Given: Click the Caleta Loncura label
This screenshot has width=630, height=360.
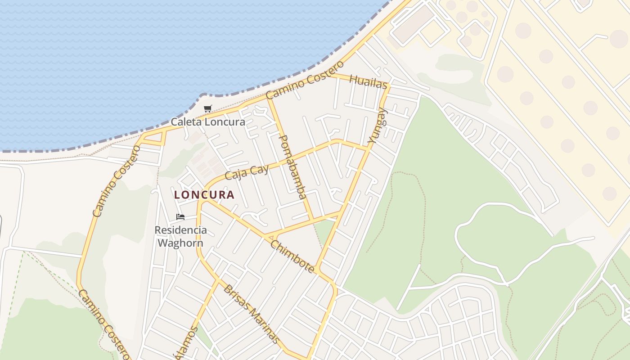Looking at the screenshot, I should click(208, 122).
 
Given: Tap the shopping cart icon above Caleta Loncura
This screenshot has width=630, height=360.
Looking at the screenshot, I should click(207, 108).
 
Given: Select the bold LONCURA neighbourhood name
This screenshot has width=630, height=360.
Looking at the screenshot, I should click(204, 195).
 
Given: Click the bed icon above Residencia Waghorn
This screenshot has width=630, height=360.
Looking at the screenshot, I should click(180, 217).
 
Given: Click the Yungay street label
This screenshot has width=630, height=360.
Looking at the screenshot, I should click(378, 126).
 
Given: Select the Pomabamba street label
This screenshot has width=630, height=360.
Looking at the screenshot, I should click(293, 166).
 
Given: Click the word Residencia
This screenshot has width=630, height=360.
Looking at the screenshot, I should click(181, 230).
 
